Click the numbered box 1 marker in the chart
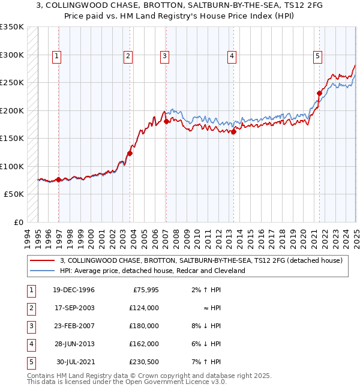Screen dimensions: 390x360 click(56, 56)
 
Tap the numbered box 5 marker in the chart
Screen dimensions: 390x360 click(317, 56)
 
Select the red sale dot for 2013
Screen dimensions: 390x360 click(234, 133)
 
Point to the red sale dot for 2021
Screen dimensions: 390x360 click(319, 93)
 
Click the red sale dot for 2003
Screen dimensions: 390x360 click(130, 154)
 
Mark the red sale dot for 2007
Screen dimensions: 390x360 click(166, 122)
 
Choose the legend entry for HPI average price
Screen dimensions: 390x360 click(152, 271)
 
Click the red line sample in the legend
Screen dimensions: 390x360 click(42, 260)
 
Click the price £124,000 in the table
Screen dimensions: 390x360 click(144, 308)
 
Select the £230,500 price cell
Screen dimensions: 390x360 click(144, 362)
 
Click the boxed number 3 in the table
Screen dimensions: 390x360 click(30, 326)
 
